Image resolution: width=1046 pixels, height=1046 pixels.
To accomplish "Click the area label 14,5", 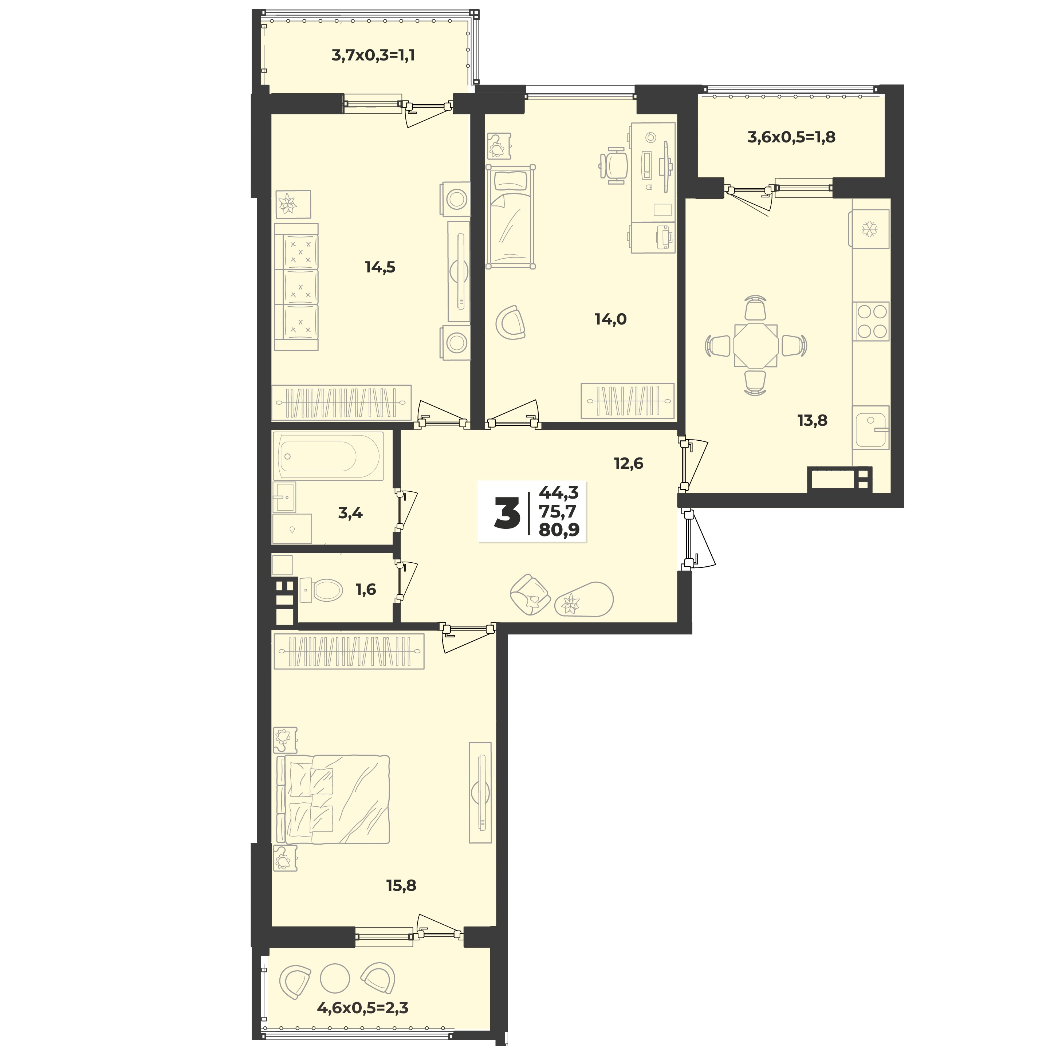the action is pos(380,267).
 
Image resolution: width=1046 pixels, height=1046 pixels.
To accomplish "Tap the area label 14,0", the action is pos(611,319).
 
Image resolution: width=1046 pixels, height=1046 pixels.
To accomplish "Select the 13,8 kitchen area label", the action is pos(812,420).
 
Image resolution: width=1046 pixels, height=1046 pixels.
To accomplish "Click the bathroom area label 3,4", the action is pos(350,513).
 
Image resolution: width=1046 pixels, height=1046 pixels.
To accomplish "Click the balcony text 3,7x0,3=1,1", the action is pos(373,55).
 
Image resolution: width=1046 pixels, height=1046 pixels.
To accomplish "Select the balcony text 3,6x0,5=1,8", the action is pos(791,137).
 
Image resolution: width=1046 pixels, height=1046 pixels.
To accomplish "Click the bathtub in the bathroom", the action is pos(328,456).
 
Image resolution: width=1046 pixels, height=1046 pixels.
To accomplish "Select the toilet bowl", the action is pos(323,589).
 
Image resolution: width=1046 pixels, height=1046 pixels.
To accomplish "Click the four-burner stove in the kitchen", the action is pos(870,321).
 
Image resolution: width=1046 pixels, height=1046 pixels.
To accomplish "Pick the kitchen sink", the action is pos(870,428).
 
